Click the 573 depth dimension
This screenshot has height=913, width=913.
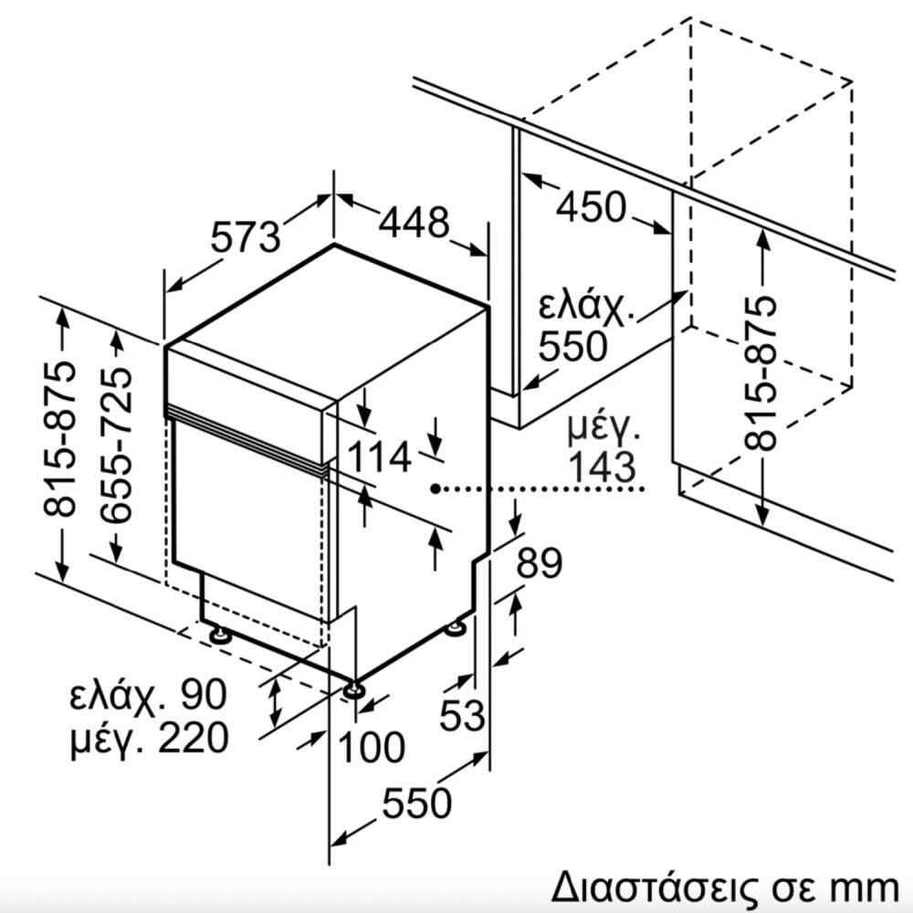tap(245, 237)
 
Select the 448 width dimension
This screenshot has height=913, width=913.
tap(414, 222)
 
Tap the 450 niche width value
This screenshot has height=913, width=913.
tap(591, 207)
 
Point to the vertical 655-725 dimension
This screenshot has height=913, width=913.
tap(116, 444)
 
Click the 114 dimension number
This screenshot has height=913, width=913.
tap(380, 456)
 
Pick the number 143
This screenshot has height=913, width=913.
tap(602, 467)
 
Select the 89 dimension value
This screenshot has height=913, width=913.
tap(540, 562)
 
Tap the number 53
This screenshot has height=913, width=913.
tap(462, 715)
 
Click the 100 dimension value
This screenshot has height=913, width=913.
tap(372, 747)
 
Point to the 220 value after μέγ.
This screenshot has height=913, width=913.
tap(194, 738)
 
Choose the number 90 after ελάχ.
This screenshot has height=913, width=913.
tap(204, 694)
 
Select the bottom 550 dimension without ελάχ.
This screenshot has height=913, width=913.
tap(417, 803)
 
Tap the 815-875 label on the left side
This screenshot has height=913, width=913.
tap(60, 439)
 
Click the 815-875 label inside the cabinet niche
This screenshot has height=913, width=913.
tap(761, 373)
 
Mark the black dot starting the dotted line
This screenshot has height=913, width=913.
tap(436, 488)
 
